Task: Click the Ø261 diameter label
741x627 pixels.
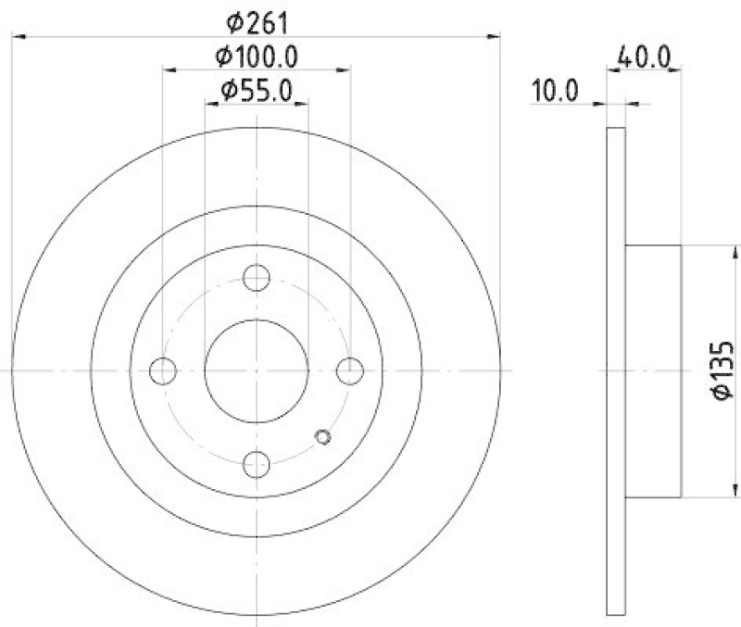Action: pos(257,19)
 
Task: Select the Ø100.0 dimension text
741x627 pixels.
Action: pos(257,57)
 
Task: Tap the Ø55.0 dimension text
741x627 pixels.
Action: pos(257,90)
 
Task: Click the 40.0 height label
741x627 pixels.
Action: pos(644,56)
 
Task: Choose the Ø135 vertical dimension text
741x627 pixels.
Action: pos(723,370)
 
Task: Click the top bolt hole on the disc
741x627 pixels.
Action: pos(257,277)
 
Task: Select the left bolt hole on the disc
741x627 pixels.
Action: pos(163,370)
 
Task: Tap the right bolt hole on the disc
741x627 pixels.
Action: pos(350,370)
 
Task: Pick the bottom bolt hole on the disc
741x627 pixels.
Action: pos(257,464)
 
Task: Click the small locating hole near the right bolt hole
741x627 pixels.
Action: pos(323,437)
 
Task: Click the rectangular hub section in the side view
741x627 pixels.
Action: pos(653,370)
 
